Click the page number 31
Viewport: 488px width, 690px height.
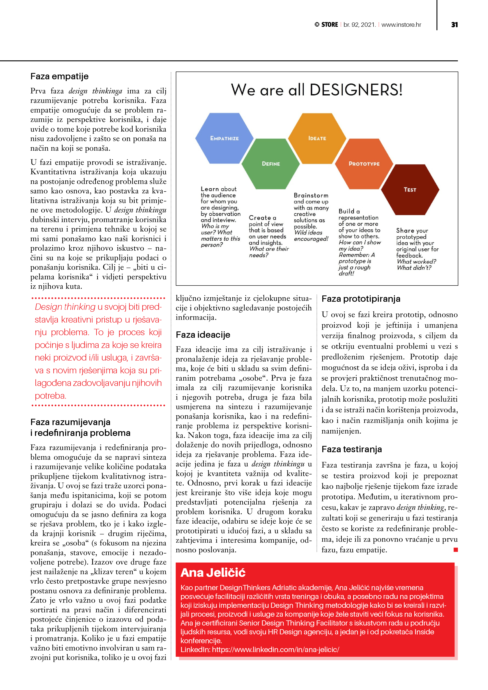point(454,25)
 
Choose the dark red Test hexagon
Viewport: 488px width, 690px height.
point(410,190)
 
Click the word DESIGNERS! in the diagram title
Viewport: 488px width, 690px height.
point(356,90)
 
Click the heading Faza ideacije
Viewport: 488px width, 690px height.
point(203,335)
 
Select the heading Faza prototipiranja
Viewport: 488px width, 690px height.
point(361,299)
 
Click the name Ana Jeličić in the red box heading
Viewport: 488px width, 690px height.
point(213,573)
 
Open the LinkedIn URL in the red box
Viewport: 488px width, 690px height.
point(275,649)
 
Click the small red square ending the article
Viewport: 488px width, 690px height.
point(456,550)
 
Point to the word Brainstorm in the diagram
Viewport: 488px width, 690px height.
point(311,195)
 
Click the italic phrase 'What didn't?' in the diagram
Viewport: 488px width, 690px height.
point(414,268)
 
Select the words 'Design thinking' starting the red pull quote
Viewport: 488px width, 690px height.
point(65,307)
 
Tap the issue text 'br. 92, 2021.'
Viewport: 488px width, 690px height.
point(360,25)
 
